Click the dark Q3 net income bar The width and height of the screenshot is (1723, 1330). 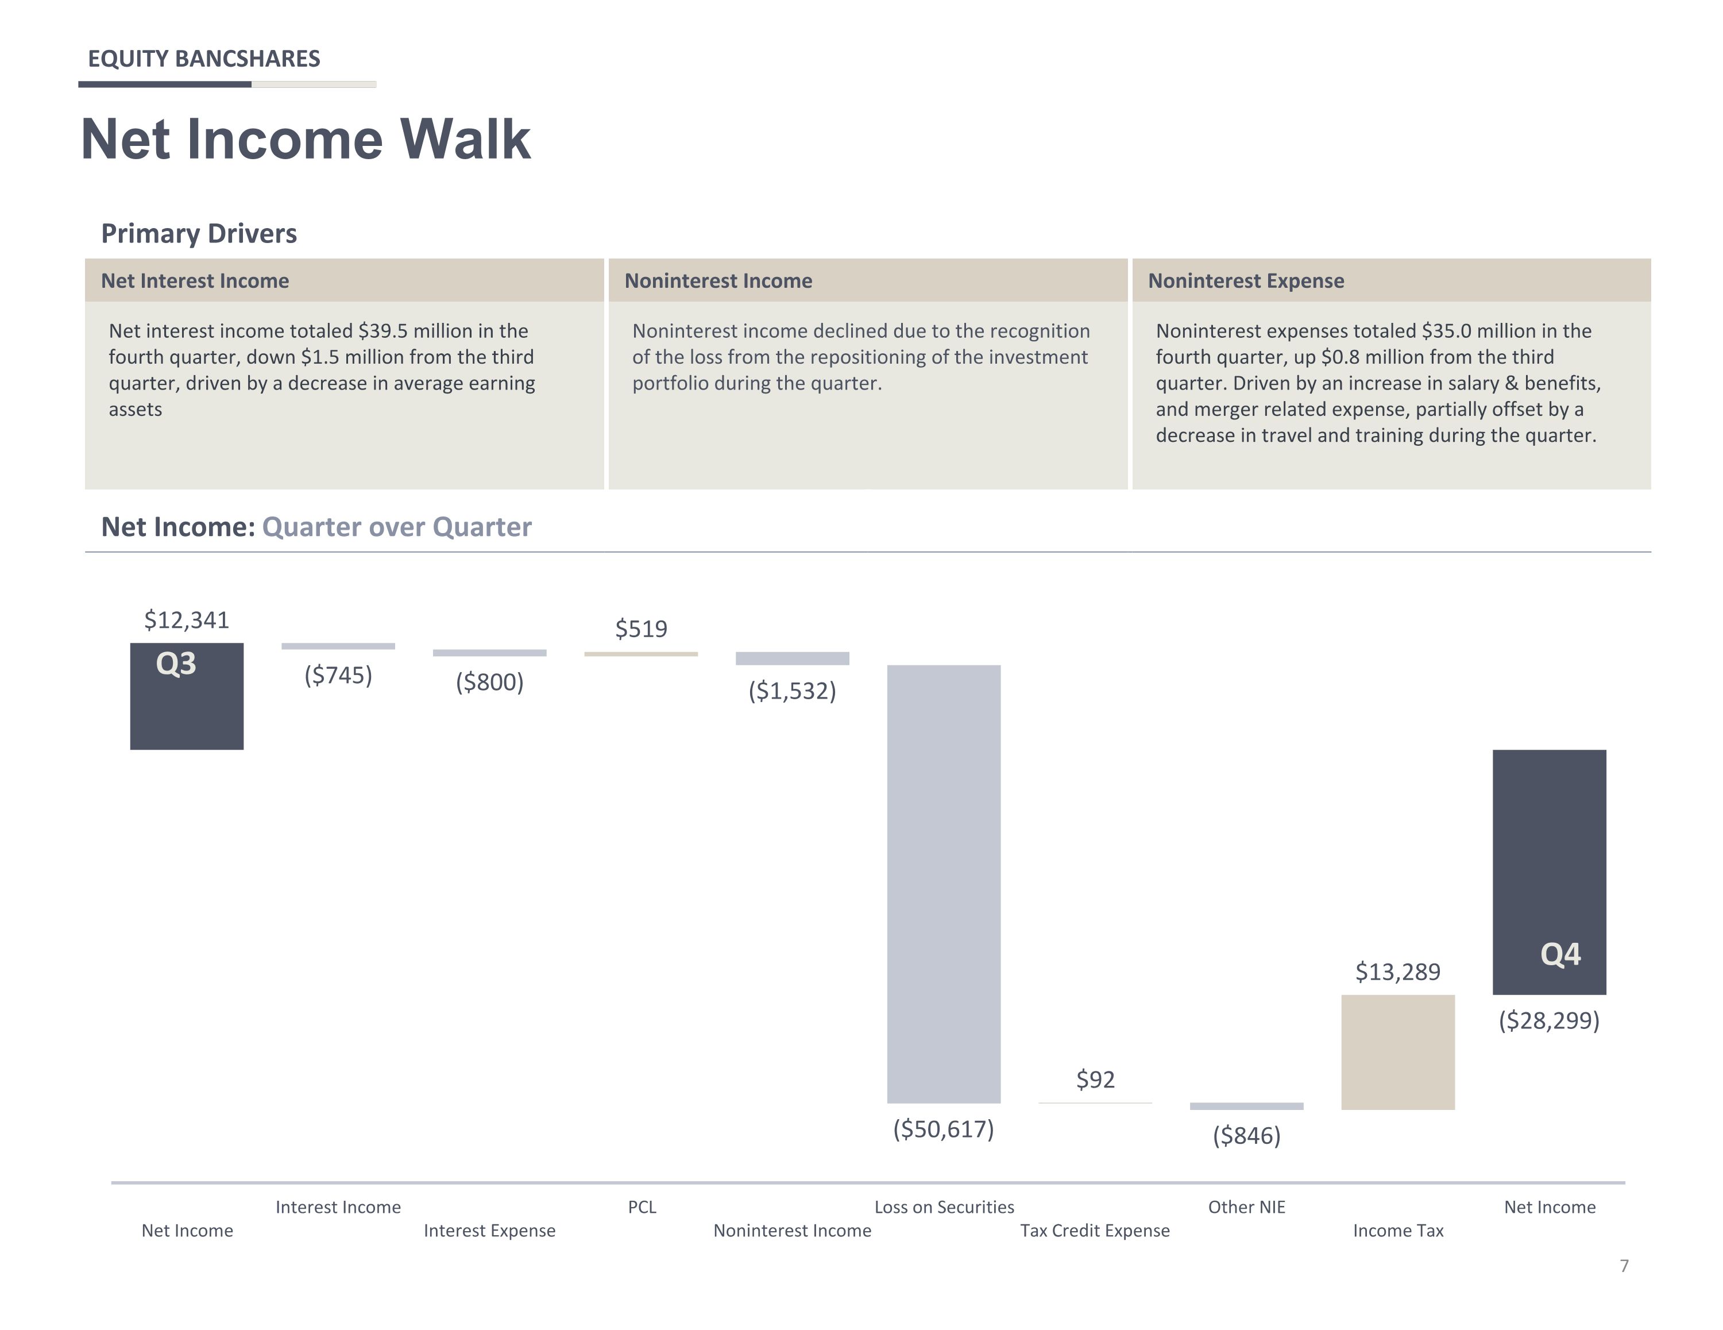187,696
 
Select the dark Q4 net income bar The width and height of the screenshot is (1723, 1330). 1550,872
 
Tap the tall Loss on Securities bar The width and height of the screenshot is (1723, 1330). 944,884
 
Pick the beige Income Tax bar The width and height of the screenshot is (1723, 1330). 1398,1052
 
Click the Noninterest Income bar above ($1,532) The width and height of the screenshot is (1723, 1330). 792,658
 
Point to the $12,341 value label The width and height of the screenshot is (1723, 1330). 187,620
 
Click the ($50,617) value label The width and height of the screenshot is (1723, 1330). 944,1129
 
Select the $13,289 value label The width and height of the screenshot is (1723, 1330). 1398,972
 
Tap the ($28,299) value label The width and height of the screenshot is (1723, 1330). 1550,1020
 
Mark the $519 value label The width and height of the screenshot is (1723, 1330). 642,629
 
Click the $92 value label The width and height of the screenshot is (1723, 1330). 1096,1080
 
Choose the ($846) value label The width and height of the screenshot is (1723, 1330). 1246,1136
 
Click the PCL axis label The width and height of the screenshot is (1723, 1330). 642,1207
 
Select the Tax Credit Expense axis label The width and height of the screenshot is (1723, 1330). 1095,1231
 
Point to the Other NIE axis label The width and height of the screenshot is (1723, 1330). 1246,1207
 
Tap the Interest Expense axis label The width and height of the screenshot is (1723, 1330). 489,1231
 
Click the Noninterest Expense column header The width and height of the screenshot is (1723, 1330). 1246,281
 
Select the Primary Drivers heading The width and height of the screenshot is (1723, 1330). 199,234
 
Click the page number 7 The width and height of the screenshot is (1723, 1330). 1624,1266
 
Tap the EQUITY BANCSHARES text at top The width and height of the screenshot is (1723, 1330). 203,59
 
